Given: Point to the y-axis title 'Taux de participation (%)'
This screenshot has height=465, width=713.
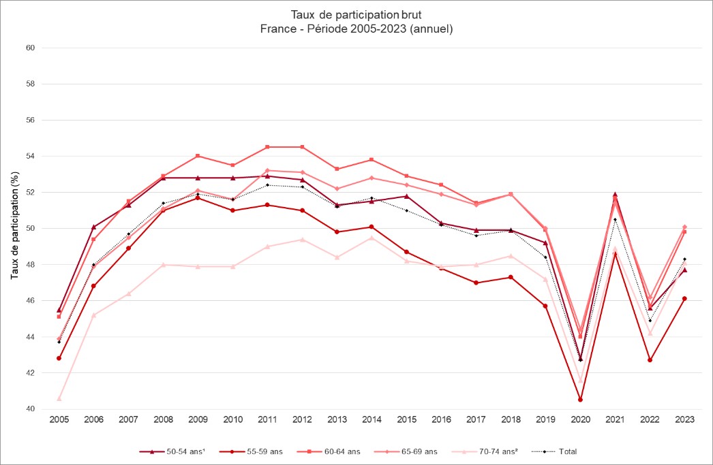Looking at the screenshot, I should tap(14, 228).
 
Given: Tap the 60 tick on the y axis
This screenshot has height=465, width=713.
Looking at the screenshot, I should tap(31, 48).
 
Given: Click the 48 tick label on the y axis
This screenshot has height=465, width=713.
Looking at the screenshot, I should tap(31, 264).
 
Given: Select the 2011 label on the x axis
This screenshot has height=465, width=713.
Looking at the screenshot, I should tap(267, 420).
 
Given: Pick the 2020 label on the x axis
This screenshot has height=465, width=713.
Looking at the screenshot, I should tap(580, 420).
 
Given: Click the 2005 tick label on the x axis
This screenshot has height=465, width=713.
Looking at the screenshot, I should tap(59, 420).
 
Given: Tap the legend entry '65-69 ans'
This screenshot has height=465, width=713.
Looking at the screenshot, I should tap(396, 451).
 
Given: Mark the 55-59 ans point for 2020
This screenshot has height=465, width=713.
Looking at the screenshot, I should tap(580, 400).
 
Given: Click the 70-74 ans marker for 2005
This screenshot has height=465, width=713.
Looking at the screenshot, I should tap(59, 398).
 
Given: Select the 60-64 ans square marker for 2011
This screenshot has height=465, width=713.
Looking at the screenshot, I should tap(267, 147).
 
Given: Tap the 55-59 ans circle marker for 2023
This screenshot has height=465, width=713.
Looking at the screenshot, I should tap(684, 299).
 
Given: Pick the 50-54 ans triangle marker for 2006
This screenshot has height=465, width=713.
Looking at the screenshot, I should tap(93, 227).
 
